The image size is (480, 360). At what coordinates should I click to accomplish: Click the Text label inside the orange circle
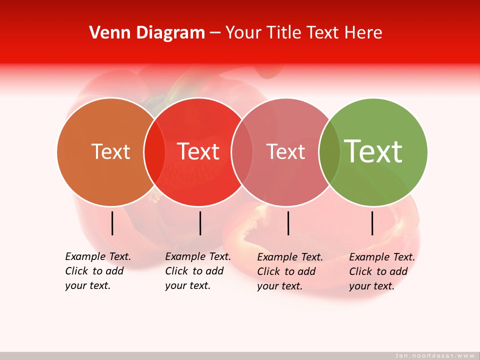tap(110, 151)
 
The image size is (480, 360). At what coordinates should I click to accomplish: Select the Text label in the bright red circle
tap(198, 151)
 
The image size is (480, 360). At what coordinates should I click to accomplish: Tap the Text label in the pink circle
tap(285, 151)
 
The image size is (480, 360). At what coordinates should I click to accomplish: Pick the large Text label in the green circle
tap(373, 151)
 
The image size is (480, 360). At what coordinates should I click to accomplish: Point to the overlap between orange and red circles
tap(154, 152)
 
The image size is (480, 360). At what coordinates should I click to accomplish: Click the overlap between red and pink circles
tap(242, 152)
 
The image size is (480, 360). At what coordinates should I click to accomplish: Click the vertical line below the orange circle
tap(112, 223)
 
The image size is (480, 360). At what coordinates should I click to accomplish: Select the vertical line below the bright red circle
tap(200, 223)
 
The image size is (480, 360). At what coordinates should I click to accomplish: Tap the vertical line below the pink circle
tap(288, 223)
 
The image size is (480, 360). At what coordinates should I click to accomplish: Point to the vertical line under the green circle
tap(372, 223)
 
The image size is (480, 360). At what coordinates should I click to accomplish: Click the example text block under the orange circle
tap(97, 271)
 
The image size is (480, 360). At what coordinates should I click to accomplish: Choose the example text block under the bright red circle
tap(197, 271)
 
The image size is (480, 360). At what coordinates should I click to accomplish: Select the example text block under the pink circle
tap(289, 271)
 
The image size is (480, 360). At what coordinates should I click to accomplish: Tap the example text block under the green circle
tap(381, 271)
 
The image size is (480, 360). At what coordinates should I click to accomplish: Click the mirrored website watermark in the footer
tap(434, 355)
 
